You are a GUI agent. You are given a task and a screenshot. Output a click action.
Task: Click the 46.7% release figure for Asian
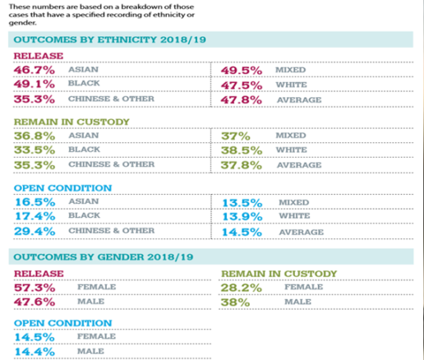(x=35, y=70)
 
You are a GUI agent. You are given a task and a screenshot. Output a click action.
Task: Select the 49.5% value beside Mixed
(x=242, y=71)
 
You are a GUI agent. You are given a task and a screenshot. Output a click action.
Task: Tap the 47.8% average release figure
(x=242, y=100)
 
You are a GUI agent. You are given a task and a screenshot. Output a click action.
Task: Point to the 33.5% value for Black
(x=35, y=150)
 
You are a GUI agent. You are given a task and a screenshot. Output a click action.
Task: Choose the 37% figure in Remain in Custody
(x=236, y=136)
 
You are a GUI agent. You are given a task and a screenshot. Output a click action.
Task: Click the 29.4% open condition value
(x=35, y=232)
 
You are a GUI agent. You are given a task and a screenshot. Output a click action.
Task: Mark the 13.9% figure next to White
(x=242, y=217)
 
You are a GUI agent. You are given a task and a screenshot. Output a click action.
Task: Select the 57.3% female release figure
(x=35, y=288)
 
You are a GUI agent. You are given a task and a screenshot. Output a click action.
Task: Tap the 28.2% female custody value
(x=242, y=288)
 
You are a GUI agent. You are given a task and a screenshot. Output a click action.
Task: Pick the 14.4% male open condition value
(x=35, y=352)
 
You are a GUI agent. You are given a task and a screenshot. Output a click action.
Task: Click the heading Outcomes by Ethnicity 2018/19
(x=110, y=39)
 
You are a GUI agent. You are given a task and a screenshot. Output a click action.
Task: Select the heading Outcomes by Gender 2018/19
(x=104, y=257)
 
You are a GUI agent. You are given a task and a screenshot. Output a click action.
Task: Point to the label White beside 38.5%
(x=292, y=150)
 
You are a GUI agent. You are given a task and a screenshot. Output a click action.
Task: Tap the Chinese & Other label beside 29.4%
(x=112, y=230)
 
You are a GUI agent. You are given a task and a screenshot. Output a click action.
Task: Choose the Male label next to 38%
(x=297, y=302)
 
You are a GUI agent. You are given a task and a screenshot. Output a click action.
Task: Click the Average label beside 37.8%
(x=299, y=165)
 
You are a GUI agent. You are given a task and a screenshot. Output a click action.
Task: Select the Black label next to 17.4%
(x=84, y=215)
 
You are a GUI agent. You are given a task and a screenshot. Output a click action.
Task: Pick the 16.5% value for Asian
(x=35, y=202)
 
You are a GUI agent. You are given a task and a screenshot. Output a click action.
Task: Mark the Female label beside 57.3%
(x=97, y=287)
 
